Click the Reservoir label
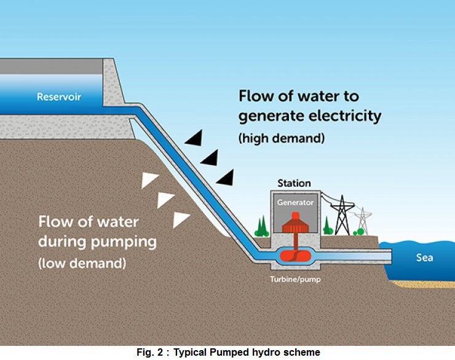point(58,96)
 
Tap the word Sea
point(424,257)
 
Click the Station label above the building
point(295,183)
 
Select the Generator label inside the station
point(295,202)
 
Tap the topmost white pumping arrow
point(149,179)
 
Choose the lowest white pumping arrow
point(181,220)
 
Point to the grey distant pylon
point(363,221)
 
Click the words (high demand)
point(281,138)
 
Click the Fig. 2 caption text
point(228,352)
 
